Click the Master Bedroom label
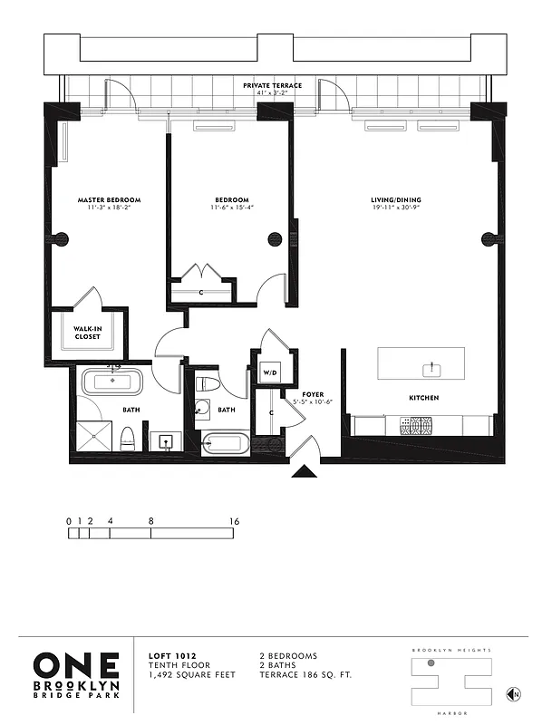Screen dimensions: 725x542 coord(109,199)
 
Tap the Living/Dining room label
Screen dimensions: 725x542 coord(396,199)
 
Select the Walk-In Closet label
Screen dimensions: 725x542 coord(88,332)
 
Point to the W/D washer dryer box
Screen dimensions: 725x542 coord(269,372)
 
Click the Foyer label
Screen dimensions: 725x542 coord(301,394)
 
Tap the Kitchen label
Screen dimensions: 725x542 coord(422,398)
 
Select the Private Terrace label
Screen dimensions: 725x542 coord(272,85)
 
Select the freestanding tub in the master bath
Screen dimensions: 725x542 coord(113,382)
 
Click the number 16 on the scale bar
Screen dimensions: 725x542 coord(234,521)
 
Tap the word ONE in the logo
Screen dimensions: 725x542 coord(76,664)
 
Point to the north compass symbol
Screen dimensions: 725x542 coord(513,694)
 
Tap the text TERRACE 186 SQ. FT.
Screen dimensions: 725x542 coord(300,675)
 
